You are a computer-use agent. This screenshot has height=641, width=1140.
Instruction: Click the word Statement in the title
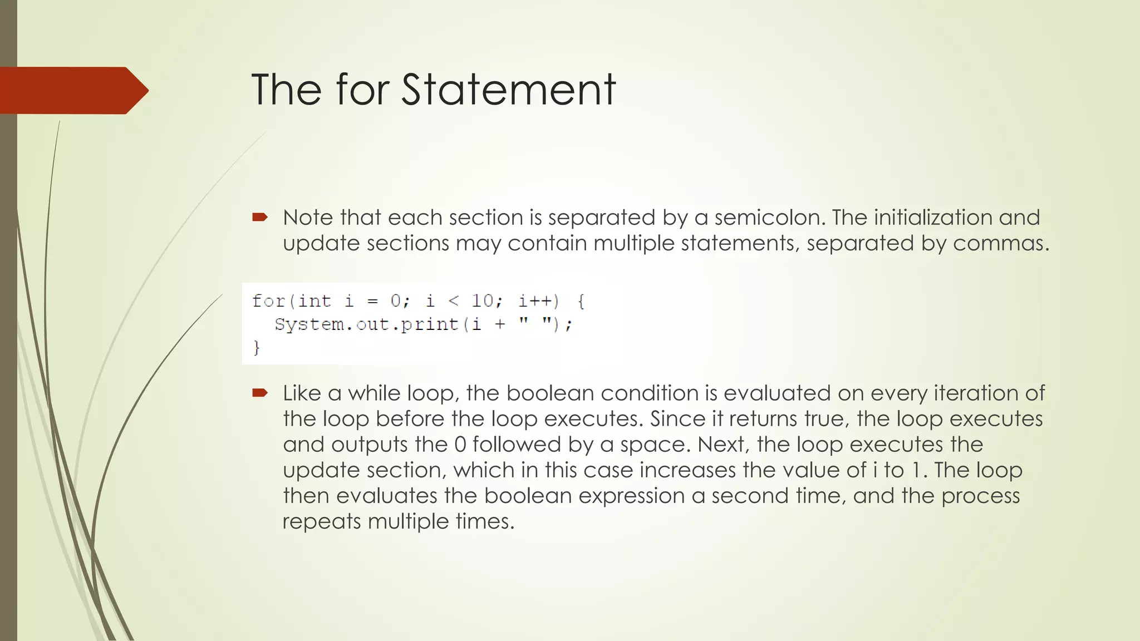pyautogui.click(x=508, y=90)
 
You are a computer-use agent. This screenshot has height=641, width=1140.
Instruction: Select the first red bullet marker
pyautogui.click(x=260, y=218)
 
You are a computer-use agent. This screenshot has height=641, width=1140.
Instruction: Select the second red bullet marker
pyautogui.click(x=260, y=393)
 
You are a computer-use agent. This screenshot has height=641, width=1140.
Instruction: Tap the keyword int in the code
pyautogui.click(x=315, y=301)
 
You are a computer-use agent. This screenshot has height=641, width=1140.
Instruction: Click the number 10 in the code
pyautogui.click(x=483, y=301)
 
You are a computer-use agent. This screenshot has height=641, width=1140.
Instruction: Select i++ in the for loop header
pyautogui.click(x=538, y=301)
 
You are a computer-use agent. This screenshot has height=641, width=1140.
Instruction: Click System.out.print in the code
pyautogui.click(x=366, y=324)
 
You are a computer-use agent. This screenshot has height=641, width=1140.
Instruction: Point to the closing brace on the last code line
pyautogui.click(x=257, y=348)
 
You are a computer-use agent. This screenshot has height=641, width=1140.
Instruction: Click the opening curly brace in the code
pyautogui.click(x=581, y=301)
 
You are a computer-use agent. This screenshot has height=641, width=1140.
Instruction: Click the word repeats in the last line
pyautogui.click(x=321, y=521)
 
